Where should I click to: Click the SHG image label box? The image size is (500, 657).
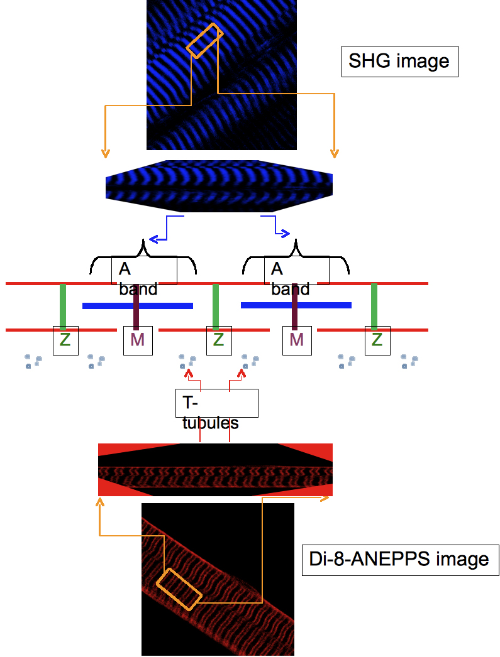[399, 61]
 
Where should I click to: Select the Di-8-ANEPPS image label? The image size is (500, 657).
[400, 559]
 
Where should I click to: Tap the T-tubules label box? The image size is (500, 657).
[216, 403]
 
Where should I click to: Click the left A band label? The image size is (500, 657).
[145, 269]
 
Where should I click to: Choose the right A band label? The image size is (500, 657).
[296, 269]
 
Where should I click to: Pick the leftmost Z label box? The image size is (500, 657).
[65, 340]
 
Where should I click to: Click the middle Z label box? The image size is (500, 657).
[218, 340]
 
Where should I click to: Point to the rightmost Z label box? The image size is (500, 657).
[377, 340]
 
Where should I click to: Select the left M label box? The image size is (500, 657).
[138, 340]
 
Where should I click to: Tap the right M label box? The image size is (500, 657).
[297, 340]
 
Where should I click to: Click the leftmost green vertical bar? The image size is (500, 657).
[63, 306]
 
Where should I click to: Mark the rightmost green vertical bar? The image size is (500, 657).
[374, 306]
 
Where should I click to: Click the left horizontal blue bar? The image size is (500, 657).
[138, 306]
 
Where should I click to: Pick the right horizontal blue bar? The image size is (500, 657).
[296, 305]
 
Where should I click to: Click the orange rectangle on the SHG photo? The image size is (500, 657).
[205, 41]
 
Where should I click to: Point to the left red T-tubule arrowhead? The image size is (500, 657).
[187, 374]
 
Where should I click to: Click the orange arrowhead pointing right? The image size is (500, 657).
[327, 498]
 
